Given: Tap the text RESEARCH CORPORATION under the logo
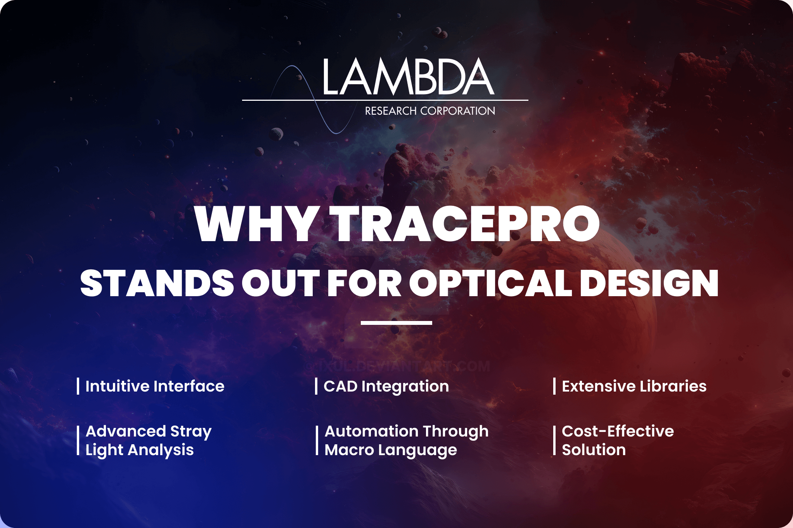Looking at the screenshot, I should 430,111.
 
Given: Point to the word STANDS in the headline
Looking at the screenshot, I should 157,283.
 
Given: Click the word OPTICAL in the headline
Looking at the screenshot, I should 490,283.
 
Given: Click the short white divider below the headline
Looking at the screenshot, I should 396,323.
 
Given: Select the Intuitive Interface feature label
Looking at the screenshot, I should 155,386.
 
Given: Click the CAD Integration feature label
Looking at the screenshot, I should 386,386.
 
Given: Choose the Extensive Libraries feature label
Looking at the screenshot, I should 634,386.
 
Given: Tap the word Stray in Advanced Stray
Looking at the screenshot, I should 191,431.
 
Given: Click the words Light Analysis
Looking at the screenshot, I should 139,450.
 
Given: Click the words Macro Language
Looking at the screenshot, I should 391,450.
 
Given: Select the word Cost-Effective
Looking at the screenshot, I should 618,431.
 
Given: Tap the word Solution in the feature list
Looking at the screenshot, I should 594,450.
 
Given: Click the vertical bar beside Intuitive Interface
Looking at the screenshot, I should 78,386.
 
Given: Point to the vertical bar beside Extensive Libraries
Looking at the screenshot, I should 554,386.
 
